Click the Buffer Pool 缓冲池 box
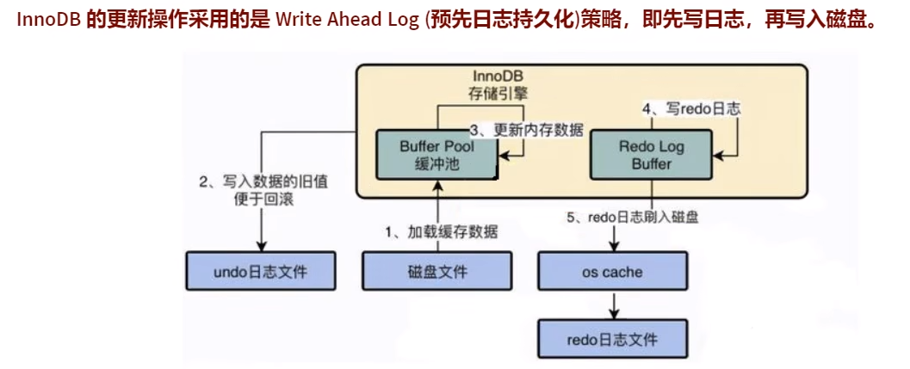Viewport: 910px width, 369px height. pos(437,155)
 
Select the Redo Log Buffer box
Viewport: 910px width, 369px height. pos(650,155)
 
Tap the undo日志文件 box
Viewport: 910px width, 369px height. pos(259,272)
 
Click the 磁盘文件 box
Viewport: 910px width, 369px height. pos(438,272)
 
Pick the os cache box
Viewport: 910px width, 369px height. pos(612,272)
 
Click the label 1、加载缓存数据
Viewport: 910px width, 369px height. pos(440,231)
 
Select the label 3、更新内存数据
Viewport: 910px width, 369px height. pos(526,131)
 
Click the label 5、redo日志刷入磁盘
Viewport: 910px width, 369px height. pos(632,218)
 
